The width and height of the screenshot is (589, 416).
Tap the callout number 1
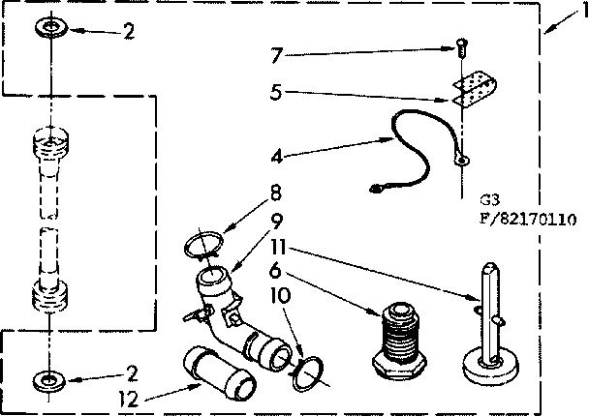[579, 11]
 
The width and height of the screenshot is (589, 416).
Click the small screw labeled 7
[462, 45]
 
